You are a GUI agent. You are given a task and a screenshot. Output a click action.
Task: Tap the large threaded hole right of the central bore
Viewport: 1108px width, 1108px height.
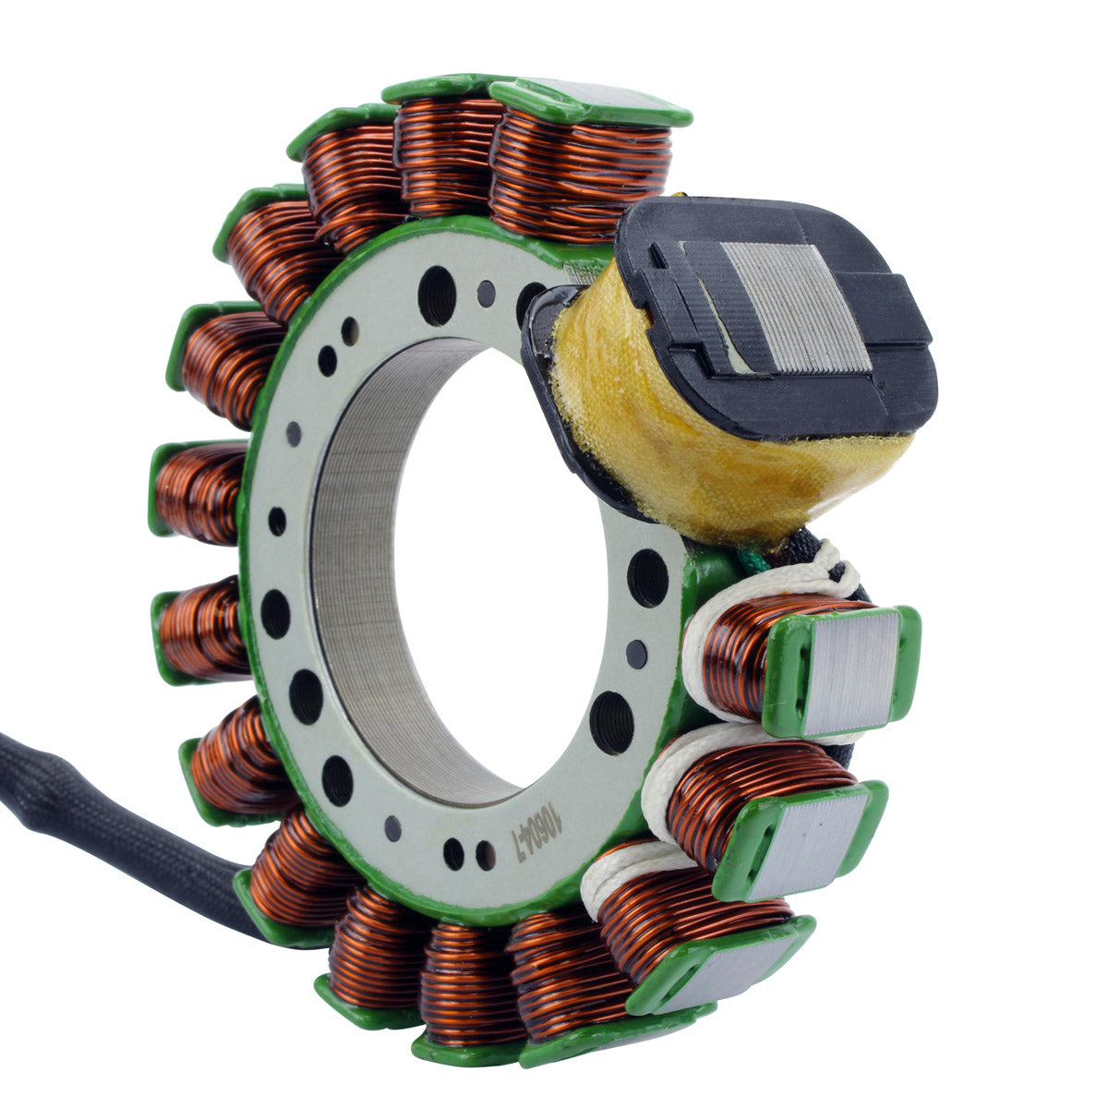pos(647,578)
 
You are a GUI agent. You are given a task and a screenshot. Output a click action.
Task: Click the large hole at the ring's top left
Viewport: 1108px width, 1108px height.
pos(436,295)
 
